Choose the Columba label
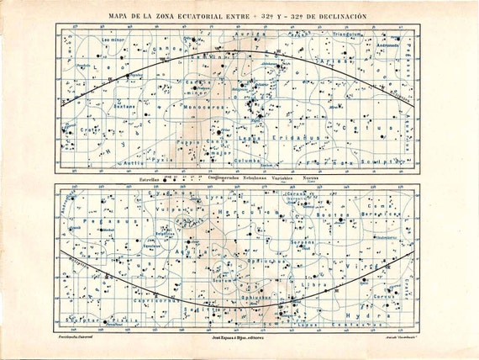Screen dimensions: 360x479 [250, 160]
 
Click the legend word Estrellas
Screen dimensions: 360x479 [149, 178]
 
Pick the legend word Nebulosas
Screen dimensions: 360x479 [250, 178]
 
